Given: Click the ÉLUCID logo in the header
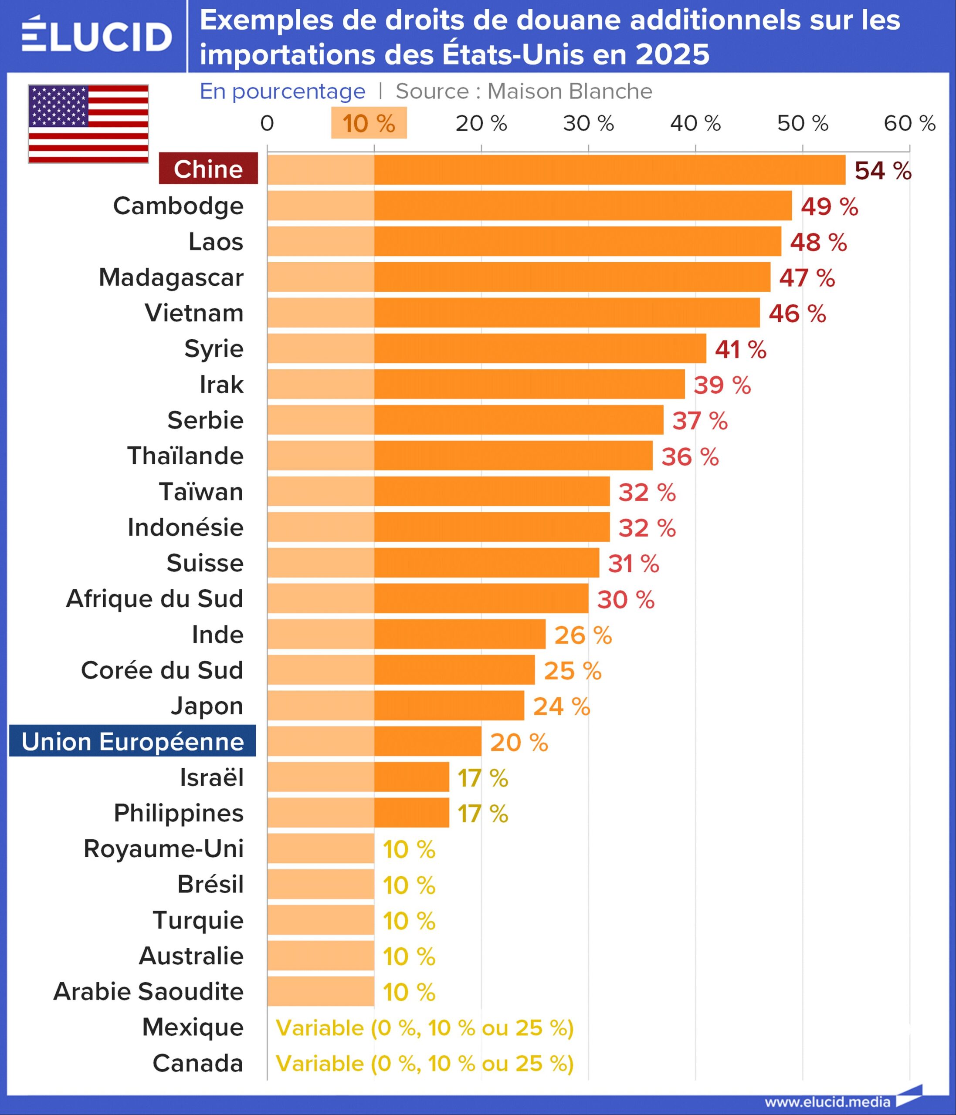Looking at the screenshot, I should [x=97, y=36].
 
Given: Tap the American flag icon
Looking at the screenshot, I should [x=88, y=123].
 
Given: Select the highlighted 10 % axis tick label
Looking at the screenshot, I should [x=369, y=123].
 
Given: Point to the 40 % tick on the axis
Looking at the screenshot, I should [x=695, y=123].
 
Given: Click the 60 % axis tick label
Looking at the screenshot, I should [x=909, y=123].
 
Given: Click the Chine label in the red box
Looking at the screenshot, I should [x=208, y=169].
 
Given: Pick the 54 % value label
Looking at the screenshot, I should [x=883, y=171].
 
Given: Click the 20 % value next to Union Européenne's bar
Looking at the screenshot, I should [x=519, y=743].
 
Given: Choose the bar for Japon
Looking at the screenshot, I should [x=396, y=706].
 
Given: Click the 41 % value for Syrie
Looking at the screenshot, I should [x=740, y=349].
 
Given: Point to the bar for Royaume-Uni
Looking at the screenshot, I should [x=321, y=848].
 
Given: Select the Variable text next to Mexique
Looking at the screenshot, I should [x=425, y=1028].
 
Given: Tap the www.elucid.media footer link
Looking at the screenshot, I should [x=827, y=1101].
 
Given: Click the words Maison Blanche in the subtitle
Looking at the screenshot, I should [x=570, y=91].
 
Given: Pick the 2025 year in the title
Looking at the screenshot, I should [x=672, y=54].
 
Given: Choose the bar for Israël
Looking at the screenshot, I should [x=358, y=777].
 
